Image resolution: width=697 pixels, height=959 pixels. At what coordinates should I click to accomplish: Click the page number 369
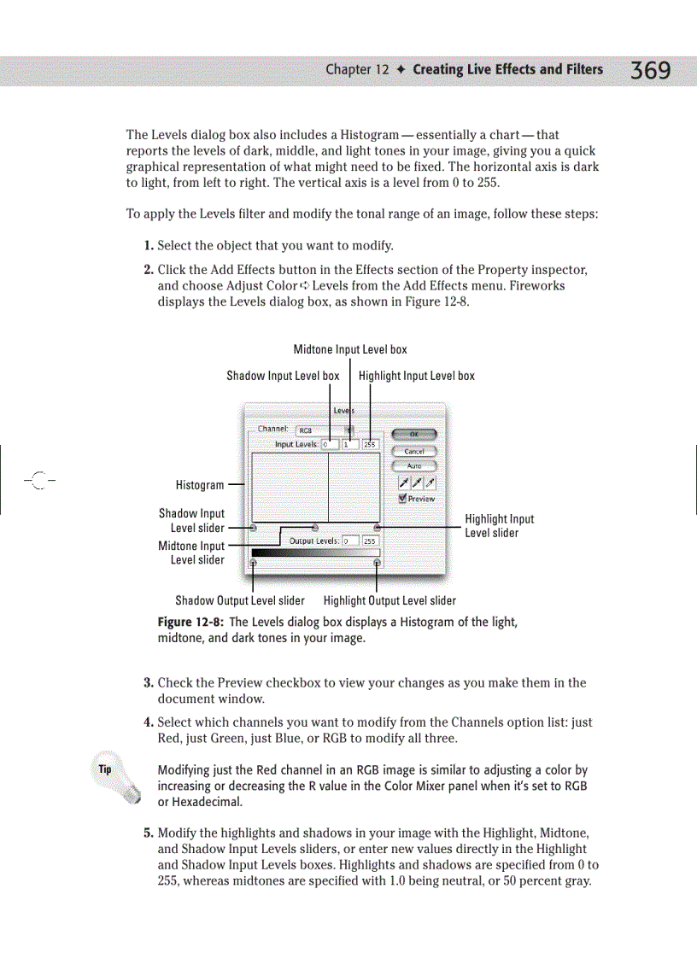pos(650,71)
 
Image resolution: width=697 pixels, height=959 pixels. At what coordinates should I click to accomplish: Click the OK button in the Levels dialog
pos(413,435)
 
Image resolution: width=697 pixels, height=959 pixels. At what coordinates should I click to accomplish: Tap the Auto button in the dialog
pos(413,465)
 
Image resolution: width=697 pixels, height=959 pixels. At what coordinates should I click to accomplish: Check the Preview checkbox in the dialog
pos(403,498)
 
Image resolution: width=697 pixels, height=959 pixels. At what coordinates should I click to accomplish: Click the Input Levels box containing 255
pos(370,444)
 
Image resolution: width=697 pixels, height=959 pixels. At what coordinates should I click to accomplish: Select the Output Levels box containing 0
pos(349,541)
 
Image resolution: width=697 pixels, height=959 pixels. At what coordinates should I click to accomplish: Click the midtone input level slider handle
pos(315,528)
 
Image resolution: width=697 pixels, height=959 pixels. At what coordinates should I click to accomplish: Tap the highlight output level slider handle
pos(378,562)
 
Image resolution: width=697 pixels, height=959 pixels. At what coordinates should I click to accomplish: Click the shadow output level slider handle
pos(253,562)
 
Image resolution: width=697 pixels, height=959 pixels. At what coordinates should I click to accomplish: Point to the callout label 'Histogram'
pos(200,485)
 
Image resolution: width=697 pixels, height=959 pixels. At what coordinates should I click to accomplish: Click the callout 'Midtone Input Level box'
pos(350,349)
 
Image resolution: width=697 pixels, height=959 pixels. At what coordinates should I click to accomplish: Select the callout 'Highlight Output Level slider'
pos(389,600)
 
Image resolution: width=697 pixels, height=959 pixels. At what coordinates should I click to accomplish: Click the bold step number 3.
pos(148,682)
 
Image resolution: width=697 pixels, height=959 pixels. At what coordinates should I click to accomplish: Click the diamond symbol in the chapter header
pos(401,70)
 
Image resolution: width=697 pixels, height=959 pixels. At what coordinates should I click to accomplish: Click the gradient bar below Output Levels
pos(315,553)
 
